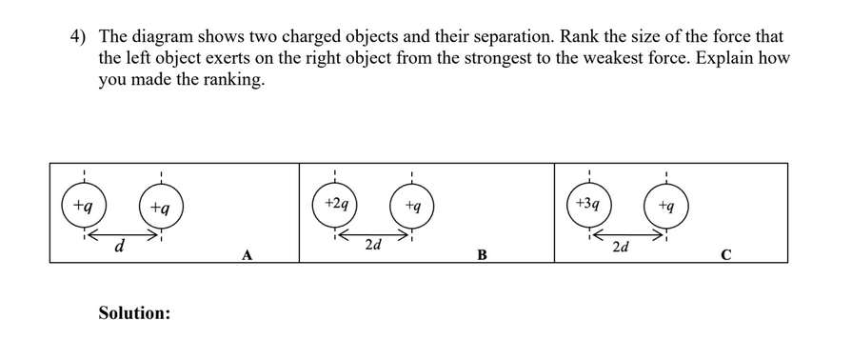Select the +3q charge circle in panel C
pos(590,205)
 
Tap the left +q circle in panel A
pos(84,206)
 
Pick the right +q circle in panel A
pos(161,206)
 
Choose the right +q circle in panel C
pos(667,205)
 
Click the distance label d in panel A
pos(118,248)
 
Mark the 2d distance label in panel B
pos(374,246)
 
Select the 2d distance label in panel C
pos(620,248)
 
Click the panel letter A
pos(248,254)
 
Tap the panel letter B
pos(482,254)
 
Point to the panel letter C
pos(726,254)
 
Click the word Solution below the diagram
pos(134,311)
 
